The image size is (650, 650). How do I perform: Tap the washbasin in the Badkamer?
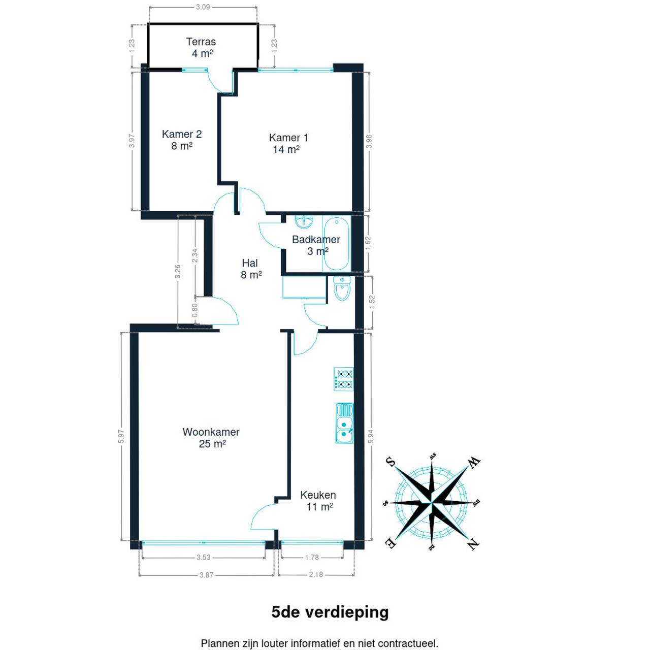[x=304, y=221]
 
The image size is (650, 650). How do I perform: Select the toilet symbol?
[x=342, y=289]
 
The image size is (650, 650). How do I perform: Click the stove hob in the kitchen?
[x=344, y=379]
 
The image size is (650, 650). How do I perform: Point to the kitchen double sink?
[x=344, y=423]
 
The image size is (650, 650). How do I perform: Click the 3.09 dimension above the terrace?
[x=203, y=7]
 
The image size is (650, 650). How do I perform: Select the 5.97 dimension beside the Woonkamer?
[x=122, y=436]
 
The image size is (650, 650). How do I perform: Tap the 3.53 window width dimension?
[x=204, y=557]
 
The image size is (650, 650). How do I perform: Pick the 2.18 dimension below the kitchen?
[x=316, y=574]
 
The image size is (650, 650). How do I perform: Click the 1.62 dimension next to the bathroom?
[x=368, y=243]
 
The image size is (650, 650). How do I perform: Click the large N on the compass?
[x=473, y=543]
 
